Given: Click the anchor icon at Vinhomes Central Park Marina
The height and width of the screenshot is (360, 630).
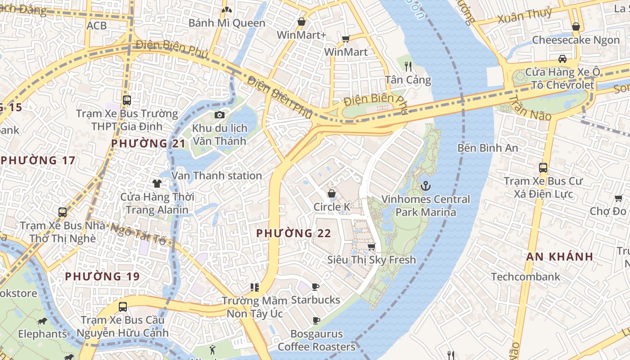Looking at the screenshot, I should pos(425,185).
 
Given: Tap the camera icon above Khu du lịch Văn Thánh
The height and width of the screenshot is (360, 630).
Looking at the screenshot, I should pos(219,115).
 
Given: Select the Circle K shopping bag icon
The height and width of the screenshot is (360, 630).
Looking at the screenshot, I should pos(332,193).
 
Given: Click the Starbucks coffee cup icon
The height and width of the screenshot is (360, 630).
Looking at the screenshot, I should pos(315,287).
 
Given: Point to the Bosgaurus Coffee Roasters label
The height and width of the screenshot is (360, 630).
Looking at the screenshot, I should pos(316,341).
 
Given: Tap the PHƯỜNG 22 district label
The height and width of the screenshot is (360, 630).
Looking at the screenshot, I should pos(293,233).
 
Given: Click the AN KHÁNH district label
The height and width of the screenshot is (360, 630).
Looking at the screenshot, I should pos(559,256).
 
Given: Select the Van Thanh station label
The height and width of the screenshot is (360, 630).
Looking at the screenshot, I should pos(216,175).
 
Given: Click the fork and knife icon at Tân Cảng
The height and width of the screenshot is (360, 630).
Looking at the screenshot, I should pos(408,67).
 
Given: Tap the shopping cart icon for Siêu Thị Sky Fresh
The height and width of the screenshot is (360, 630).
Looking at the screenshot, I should pos(371,247).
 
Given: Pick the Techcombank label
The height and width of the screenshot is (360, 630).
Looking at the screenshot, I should pos(526,277).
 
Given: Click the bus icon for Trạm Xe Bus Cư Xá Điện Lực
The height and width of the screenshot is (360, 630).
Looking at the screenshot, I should pos(543,168).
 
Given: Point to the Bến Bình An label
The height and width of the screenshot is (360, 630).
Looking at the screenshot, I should pos(487,148).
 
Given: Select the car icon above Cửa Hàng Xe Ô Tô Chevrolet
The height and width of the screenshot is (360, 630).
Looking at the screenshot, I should pos(562,58).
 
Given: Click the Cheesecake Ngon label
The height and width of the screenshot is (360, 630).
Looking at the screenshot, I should pos(576,40).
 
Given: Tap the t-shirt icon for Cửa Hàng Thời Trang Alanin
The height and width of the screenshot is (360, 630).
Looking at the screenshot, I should pos(157,183).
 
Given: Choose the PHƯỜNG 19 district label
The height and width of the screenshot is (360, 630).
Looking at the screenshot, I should pos(102,276).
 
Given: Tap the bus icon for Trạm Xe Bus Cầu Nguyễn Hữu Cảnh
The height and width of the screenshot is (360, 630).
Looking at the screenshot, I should pos(122,307).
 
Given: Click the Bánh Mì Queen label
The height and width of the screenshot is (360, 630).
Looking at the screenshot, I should pos(227,23).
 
